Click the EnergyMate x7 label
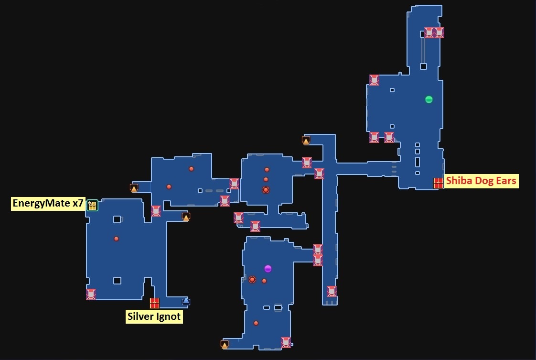[x=48, y=204]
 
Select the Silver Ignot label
[x=154, y=316]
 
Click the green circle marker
[x=429, y=99]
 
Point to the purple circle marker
[x=268, y=269]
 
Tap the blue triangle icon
[x=186, y=301]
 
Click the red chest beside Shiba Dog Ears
[x=438, y=183]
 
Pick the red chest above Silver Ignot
[x=154, y=303]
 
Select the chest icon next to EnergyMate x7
[x=92, y=205]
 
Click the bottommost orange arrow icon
[x=225, y=344]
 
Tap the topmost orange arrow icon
[x=306, y=140]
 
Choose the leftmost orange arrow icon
[x=134, y=188]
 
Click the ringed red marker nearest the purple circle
[x=252, y=280]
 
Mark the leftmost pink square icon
[x=91, y=294]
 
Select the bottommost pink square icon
[x=286, y=342]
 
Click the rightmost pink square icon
[x=439, y=33]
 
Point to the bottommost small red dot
[x=256, y=323]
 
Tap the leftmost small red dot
[x=116, y=239]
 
